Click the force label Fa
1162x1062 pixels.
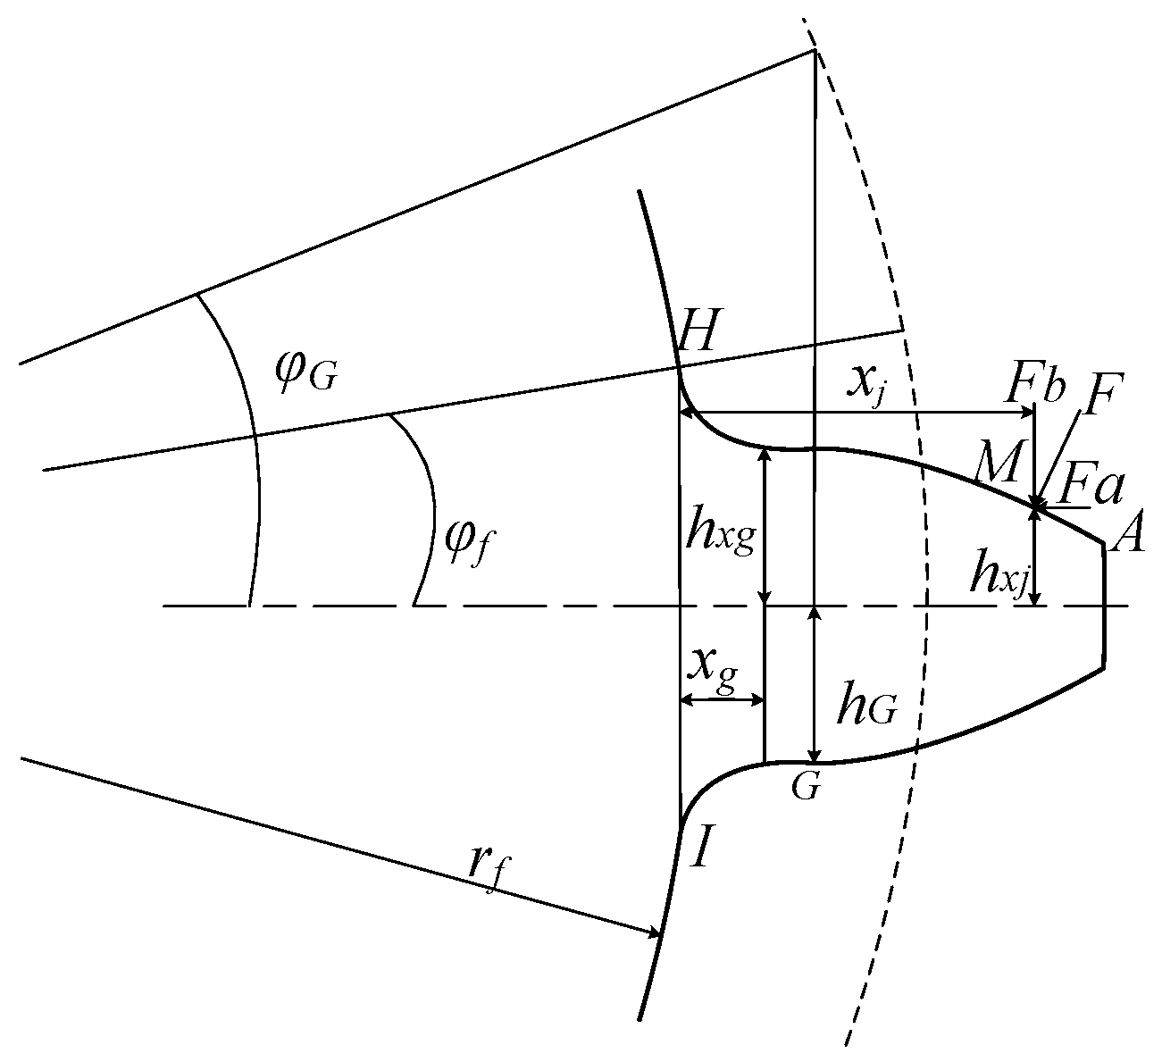pyautogui.click(x=1091, y=489)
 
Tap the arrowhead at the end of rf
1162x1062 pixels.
pyautogui.click(x=654, y=932)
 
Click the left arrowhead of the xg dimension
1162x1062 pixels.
pyautogui.click(x=686, y=699)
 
